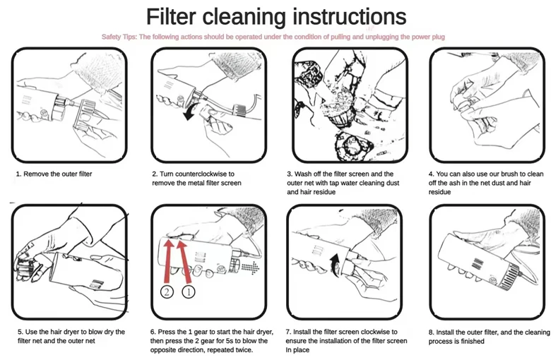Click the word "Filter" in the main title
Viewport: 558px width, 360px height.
pos(171,16)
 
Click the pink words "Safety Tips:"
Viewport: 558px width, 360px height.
pos(119,37)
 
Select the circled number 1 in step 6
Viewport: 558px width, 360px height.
pos(189,292)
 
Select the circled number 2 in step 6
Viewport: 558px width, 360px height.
pos(167,292)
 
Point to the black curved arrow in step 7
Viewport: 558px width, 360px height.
pos(335,265)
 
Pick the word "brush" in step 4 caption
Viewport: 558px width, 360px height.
pos(509,174)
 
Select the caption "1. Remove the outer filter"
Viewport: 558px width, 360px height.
pos(54,174)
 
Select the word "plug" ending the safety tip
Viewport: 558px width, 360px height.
pos(438,37)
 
